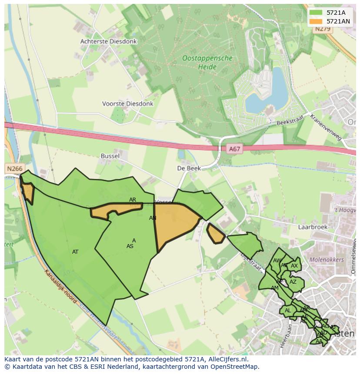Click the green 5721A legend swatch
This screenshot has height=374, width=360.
click(316, 13)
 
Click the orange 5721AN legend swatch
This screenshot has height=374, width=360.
click(316, 21)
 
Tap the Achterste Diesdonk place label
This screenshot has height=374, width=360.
click(108, 42)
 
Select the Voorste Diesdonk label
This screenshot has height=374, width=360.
click(127, 104)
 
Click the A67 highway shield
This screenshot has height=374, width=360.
click(234, 149)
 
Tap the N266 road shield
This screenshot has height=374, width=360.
click(14, 169)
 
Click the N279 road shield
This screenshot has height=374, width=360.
click(323, 29)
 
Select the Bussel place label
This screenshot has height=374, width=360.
click(110, 156)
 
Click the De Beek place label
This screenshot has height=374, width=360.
click(188, 168)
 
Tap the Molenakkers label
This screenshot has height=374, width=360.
click(326, 260)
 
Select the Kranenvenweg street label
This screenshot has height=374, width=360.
click(326, 127)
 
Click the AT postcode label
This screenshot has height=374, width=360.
click(75, 252)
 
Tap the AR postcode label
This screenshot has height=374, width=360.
click(133, 200)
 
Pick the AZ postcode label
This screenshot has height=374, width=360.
click(293, 282)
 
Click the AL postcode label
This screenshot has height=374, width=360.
click(287, 311)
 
